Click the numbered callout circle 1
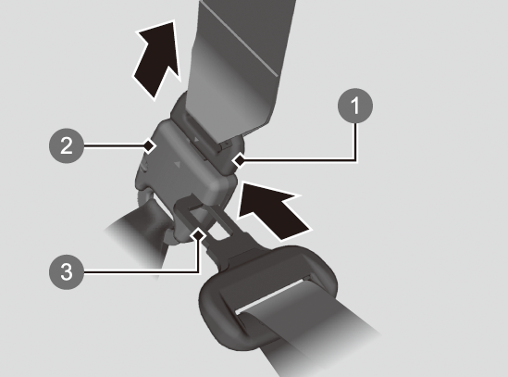pyautogui.click(x=355, y=106)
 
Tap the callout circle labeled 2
pyautogui.click(x=67, y=145)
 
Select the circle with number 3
pyautogui.click(x=67, y=272)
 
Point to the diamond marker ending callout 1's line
pyautogui.click(x=240, y=159)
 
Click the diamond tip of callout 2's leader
pyautogui.click(x=149, y=145)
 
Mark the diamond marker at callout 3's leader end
pyautogui.click(x=198, y=234)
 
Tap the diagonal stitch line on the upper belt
pyautogui.click(x=239, y=39)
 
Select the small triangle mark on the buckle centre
pyautogui.click(x=178, y=165)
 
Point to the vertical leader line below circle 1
pyautogui.click(x=355, y=141)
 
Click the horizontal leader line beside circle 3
pyautogui.click(x=142, y=272)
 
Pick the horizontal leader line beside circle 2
pyautogui.click(x=114, y=145)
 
